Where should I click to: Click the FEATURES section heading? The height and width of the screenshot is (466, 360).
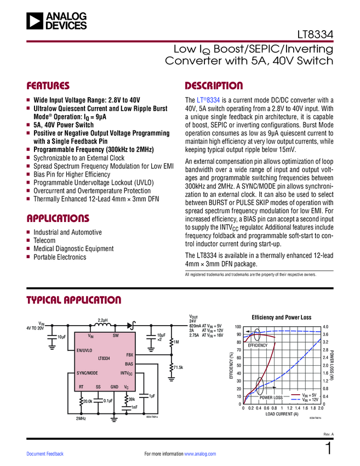point(48,86)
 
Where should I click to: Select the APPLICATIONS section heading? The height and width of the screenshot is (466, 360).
point(58,218)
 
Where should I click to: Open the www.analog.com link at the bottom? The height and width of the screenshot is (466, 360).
point(201,454)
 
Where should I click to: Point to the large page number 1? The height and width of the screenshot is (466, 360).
point(328,449)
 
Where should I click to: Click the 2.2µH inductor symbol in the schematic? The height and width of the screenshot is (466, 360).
point(102,326)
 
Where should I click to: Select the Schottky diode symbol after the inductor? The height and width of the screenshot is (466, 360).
point(132,326)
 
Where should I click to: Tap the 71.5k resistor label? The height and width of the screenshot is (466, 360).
point(178,367)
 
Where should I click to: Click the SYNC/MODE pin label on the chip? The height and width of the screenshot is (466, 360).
point(87,373)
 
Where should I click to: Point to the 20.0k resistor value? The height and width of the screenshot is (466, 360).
point(88,401)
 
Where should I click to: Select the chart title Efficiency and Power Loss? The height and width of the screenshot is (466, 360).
point(281,317)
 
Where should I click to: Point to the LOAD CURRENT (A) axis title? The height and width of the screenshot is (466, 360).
point(282,414)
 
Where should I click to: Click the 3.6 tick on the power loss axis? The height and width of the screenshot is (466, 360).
point(326,334)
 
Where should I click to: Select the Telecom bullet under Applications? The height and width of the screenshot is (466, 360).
point(44,241)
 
